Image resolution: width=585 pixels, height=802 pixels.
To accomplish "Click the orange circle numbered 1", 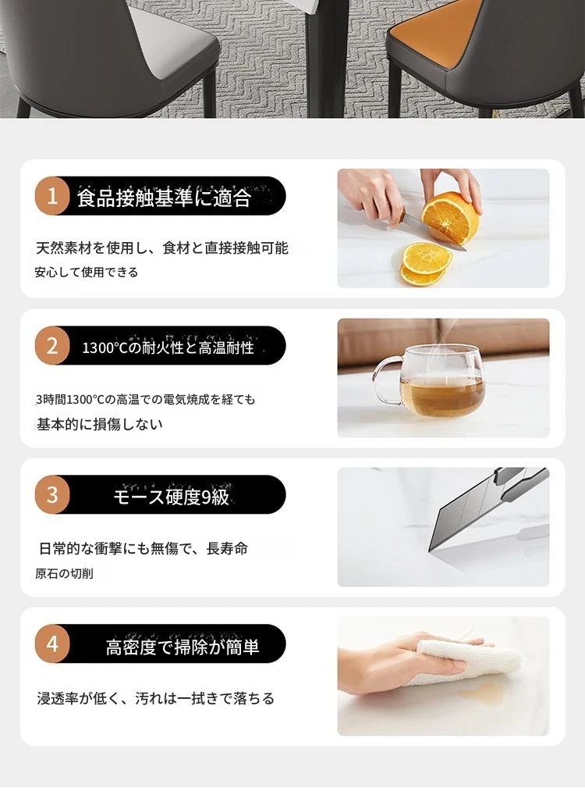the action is point(52,196).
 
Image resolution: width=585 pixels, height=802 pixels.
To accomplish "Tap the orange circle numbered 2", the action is point(52,346).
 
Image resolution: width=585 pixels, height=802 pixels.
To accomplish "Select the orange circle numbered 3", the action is point(52,495).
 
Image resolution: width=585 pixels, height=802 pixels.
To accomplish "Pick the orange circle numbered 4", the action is point(52,644).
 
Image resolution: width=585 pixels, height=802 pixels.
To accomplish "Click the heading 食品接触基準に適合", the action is point(164,198).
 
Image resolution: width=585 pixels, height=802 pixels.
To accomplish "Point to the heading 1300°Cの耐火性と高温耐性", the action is point(168,348).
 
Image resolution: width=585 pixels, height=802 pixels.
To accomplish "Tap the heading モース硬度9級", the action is point(171,496).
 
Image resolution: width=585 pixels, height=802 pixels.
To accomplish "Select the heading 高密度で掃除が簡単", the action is point(183,647).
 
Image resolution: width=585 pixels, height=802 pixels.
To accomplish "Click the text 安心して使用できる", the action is point(87,272).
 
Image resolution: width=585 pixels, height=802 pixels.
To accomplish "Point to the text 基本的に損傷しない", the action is point(100,424).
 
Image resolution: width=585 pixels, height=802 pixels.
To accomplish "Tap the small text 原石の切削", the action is point(64,573).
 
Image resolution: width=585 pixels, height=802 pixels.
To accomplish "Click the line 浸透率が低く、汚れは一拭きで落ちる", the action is point(155,698).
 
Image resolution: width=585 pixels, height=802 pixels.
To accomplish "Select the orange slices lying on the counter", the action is point(425,263).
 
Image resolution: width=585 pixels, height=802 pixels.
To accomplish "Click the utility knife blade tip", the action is point(429,551).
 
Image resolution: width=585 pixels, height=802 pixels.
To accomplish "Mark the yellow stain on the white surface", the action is point(480,693).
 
